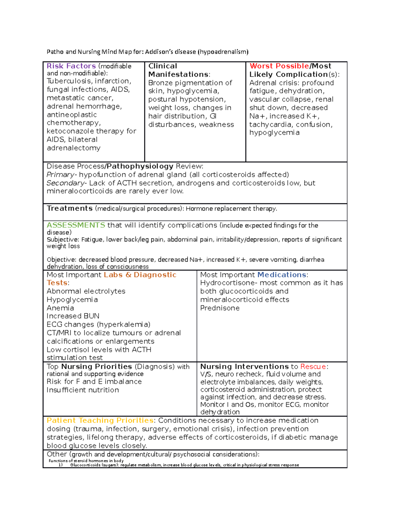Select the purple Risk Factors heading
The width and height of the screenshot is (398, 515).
[71, 66]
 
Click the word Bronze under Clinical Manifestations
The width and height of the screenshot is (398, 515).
[161, 83]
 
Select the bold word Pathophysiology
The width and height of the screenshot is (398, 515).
[140, 166]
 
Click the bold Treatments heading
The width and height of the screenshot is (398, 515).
[70, 208]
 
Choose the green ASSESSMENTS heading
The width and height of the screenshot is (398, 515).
[76, 225]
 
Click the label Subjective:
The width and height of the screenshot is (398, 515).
[63, 239]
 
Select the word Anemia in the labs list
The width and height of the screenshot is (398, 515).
[60, 308]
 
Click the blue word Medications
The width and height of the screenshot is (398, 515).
[282, 275]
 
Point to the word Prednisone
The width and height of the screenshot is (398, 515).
[220, 308]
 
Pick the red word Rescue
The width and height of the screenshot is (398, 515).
[313, 366]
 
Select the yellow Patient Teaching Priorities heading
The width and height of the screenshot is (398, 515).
[100, 420]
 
